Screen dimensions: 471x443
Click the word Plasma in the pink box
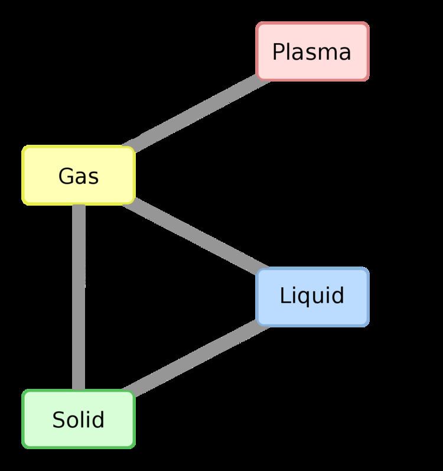(x=311, y=52)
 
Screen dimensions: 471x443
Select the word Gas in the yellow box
(x=79, y=176)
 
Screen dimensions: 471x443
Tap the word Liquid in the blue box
(x=312, y=295)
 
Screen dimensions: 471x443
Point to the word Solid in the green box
(x=78, y=420)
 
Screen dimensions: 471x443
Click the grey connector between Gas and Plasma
(x=195, y=113)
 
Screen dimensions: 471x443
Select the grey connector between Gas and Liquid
(x=195, y=236)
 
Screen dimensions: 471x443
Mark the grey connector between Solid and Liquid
(x=195, y=359)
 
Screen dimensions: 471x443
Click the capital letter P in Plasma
(x=278, y=52)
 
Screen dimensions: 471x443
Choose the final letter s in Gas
(x=93, y=177)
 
